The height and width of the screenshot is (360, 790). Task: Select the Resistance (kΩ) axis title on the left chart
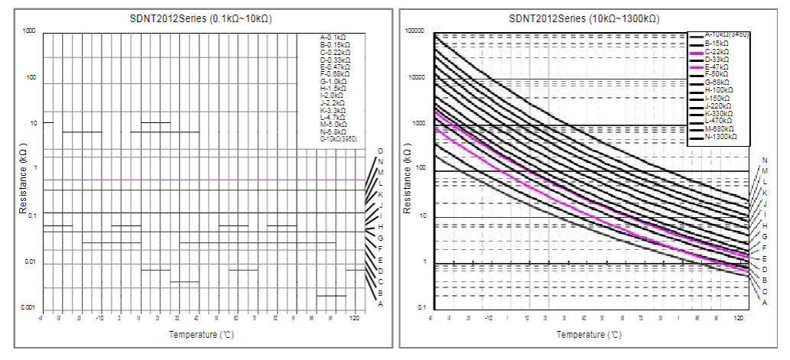coord(23,177)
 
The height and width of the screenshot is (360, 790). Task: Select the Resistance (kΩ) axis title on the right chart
coord(408,177)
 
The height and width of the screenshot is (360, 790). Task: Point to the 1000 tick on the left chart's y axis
coord(29,32)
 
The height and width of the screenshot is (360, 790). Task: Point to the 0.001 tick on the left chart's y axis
coord(28,308)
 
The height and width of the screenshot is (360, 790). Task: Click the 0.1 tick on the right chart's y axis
coord(418,308)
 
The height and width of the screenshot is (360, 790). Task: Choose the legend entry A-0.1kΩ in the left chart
coord(333,37)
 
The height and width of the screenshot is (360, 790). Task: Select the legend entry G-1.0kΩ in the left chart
coord(333,81)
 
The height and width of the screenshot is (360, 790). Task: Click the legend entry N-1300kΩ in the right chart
coord(720,138)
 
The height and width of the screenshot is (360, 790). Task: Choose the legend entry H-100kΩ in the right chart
coord(718,90)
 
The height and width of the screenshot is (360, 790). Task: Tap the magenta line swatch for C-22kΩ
coord(695,52)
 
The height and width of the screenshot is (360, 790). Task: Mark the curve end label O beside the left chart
coord(379,151)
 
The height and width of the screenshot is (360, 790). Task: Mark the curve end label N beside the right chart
coord(764,161)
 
